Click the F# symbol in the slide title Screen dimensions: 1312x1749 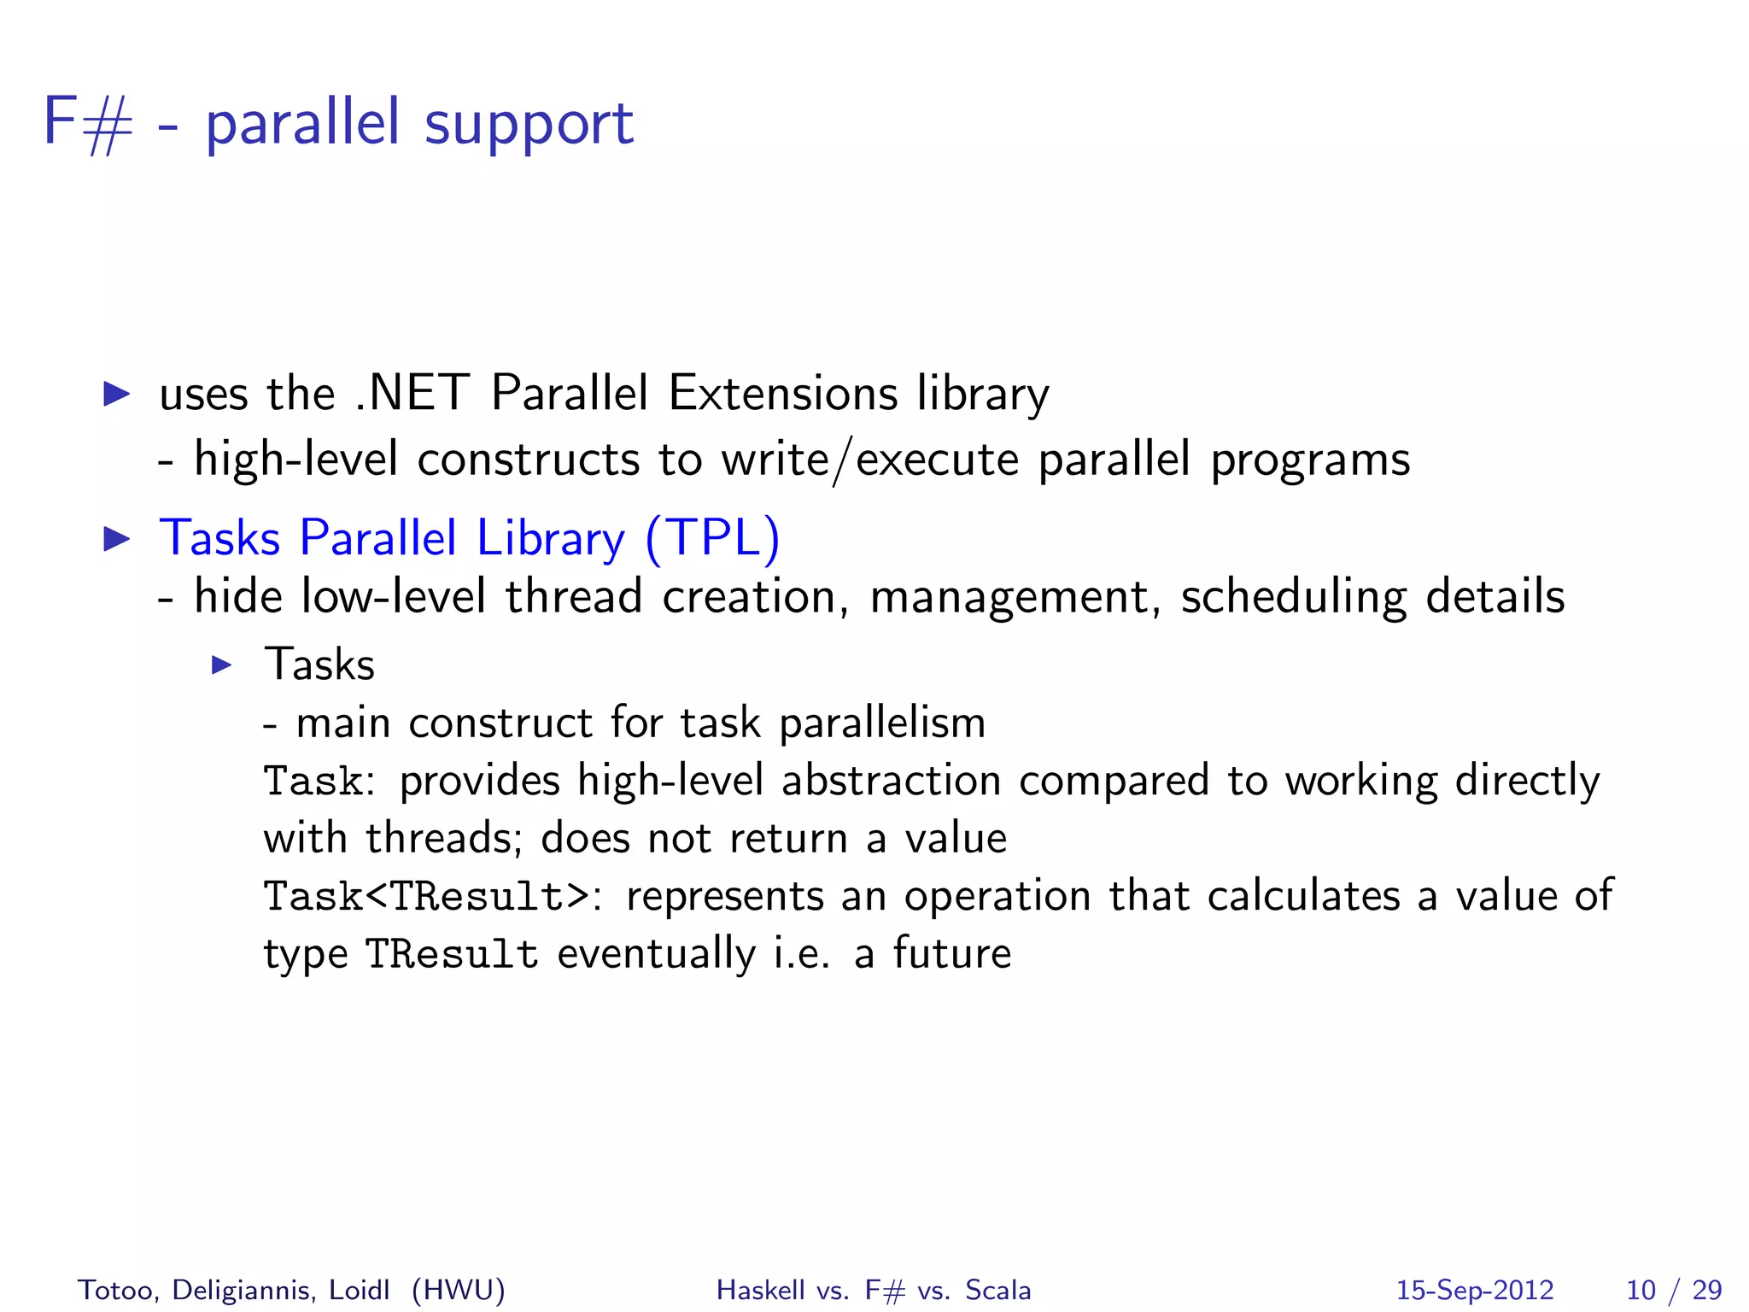tap(88, 124)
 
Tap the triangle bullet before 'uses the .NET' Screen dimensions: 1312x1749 tap(116, 394)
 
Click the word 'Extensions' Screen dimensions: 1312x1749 tap(783, 394)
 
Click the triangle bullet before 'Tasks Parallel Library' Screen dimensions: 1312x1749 tap(116, 539)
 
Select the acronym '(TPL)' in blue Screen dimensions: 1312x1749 tap(712, 538)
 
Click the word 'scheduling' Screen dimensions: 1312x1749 tap(1293, 597)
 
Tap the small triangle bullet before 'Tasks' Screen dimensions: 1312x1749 tap(222, 665)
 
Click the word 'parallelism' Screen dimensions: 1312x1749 tap(882, 723)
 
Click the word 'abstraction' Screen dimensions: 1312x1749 tap(891, 781)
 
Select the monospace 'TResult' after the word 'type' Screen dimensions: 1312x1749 tap(452, 955)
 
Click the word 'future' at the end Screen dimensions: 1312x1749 tap(951, 953)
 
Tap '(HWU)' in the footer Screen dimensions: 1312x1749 tap(459, 1290)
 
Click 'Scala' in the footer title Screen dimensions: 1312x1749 tap(997, 1290)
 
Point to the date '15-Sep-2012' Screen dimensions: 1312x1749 tap(1475, 1290)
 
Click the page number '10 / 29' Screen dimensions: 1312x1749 tap(1674, 1290)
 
